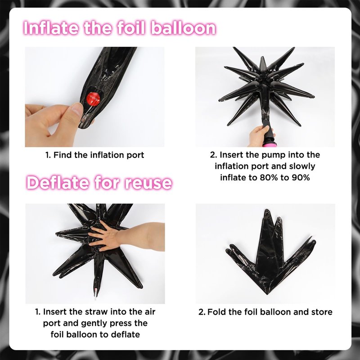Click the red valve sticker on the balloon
pos(94,98)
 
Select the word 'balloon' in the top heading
pos(184,28)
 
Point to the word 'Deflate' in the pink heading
pos(58,183)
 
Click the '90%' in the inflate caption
pos(301,177)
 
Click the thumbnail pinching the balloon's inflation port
pos(77,108)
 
